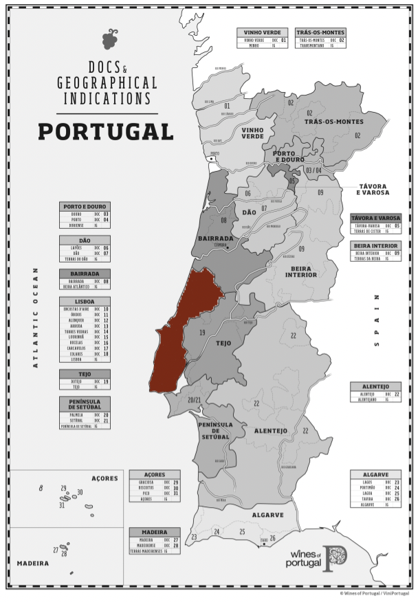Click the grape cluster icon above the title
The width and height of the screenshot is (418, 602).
coord(110,39)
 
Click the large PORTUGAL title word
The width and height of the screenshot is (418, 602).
coord(105,131)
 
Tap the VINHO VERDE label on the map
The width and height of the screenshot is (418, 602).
coord(252,132)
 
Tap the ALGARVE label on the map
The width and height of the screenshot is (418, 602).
coord(267,514)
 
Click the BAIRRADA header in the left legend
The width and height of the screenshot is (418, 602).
coord(85,273)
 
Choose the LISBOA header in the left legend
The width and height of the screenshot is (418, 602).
coord(85,301)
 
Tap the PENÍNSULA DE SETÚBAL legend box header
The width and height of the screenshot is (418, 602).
coord(85,403)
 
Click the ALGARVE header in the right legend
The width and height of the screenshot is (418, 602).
coord(375,474)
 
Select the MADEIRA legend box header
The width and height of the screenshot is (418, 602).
coord(155,531)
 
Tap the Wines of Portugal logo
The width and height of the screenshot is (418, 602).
coord(316,558)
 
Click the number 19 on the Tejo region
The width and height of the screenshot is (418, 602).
coord(202,333)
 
